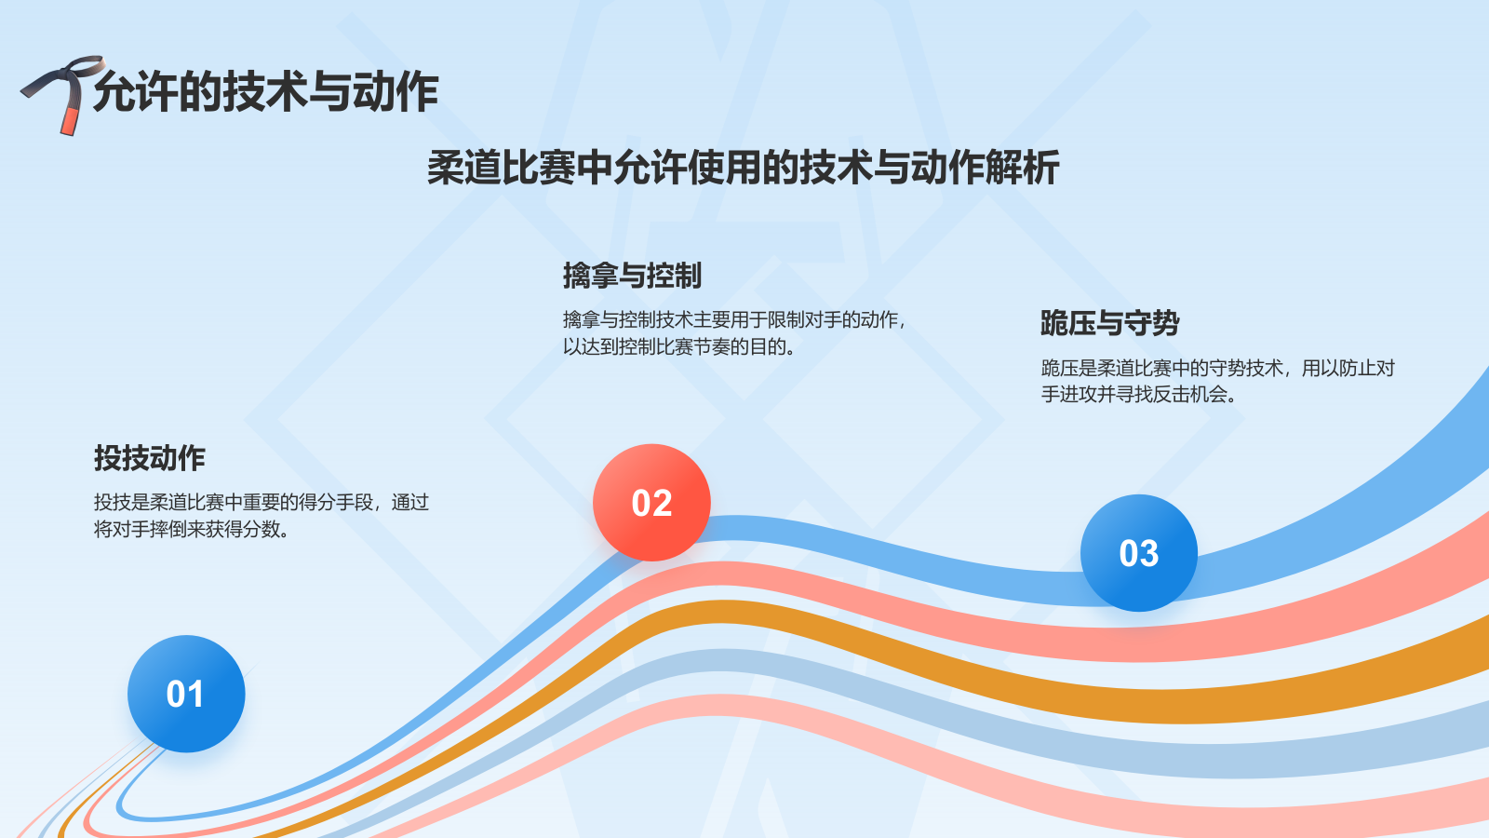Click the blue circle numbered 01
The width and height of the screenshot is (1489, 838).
[186, 694]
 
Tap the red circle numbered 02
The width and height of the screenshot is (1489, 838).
[651, 503]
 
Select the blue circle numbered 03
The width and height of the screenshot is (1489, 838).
[1138, 553]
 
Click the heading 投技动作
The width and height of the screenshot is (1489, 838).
[149, 458]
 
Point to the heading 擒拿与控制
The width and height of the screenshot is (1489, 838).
[632, 276]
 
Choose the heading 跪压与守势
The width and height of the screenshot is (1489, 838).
[1109, 323]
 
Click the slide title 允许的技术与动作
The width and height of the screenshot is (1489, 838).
[265, 91]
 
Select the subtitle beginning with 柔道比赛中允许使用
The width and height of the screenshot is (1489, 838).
[743, 169]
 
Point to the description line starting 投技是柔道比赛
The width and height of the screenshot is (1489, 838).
[261, 503]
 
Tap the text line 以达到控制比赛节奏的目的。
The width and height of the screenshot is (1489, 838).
[678, 347]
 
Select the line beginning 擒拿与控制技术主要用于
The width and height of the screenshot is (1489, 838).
[733, 320]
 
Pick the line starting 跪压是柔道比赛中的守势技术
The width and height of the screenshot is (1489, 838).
[1217, 369]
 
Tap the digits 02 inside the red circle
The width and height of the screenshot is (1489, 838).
[651, 504]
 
